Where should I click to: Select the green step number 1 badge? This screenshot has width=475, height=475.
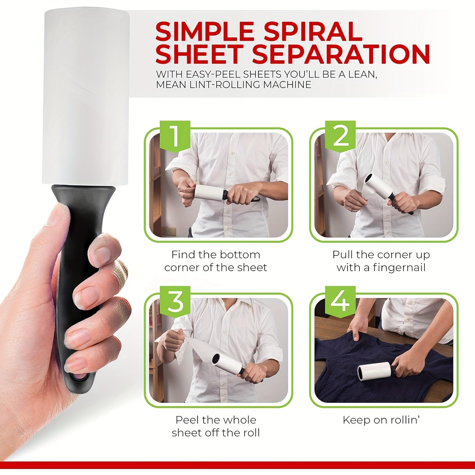click(x=175, y=136)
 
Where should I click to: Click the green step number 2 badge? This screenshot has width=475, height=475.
click(x=340, y=136)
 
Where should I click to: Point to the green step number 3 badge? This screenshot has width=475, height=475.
click(x=175, y=301)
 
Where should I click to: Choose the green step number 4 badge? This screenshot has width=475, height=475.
click(x=340, y=301)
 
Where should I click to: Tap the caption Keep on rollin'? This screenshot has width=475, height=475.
click(x=381, y=420)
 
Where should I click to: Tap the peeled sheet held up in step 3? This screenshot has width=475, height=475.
click(x=198, y=348)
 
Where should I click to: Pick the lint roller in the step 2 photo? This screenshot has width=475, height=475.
click(x=375, y=187)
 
